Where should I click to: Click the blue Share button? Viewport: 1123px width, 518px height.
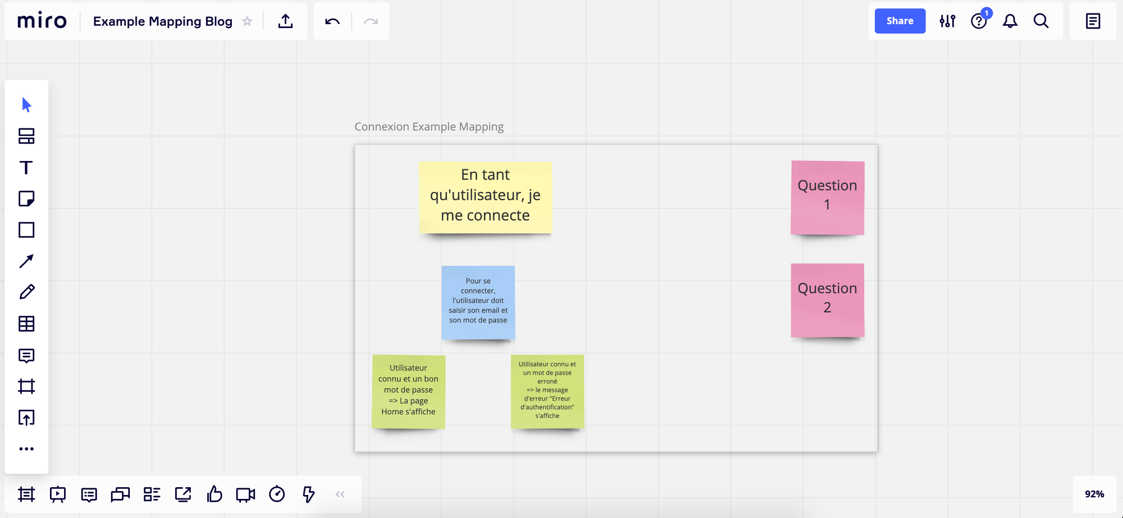tap(900, 21)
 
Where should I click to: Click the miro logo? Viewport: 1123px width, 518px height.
tap(42, 21)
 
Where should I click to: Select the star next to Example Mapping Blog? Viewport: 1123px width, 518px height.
tap(247, 21)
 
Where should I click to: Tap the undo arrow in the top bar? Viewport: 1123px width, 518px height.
tap(332, 21)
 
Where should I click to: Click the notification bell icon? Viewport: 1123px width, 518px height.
tap(1010, 21)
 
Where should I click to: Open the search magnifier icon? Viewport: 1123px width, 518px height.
tap(1041, 21)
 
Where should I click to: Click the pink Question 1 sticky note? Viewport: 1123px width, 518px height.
tap(827, 198)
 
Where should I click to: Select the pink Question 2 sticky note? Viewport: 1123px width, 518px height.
tap(827, 300)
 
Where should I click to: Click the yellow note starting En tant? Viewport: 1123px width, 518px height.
tap(485, 197)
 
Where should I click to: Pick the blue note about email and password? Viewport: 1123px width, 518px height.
tap(478, 302)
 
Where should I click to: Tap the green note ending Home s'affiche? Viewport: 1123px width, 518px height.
tap(408, 391)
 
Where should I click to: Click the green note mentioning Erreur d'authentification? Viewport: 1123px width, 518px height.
tap(547, 391)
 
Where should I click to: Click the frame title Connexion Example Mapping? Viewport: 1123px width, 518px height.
tap(429, 127)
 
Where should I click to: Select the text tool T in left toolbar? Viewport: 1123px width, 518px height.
tap(26, 168)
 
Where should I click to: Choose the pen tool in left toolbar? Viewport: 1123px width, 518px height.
tap(26, 292)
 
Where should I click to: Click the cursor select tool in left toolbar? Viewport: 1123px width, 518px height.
tap(26, 105)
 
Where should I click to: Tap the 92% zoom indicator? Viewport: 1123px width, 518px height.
tap(1094, 494)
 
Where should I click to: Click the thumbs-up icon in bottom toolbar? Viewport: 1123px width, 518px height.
tap(214, 494)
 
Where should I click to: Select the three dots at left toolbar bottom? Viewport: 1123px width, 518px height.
tap(26, 449)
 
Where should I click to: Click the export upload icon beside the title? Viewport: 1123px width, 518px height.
tap(285, 21)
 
